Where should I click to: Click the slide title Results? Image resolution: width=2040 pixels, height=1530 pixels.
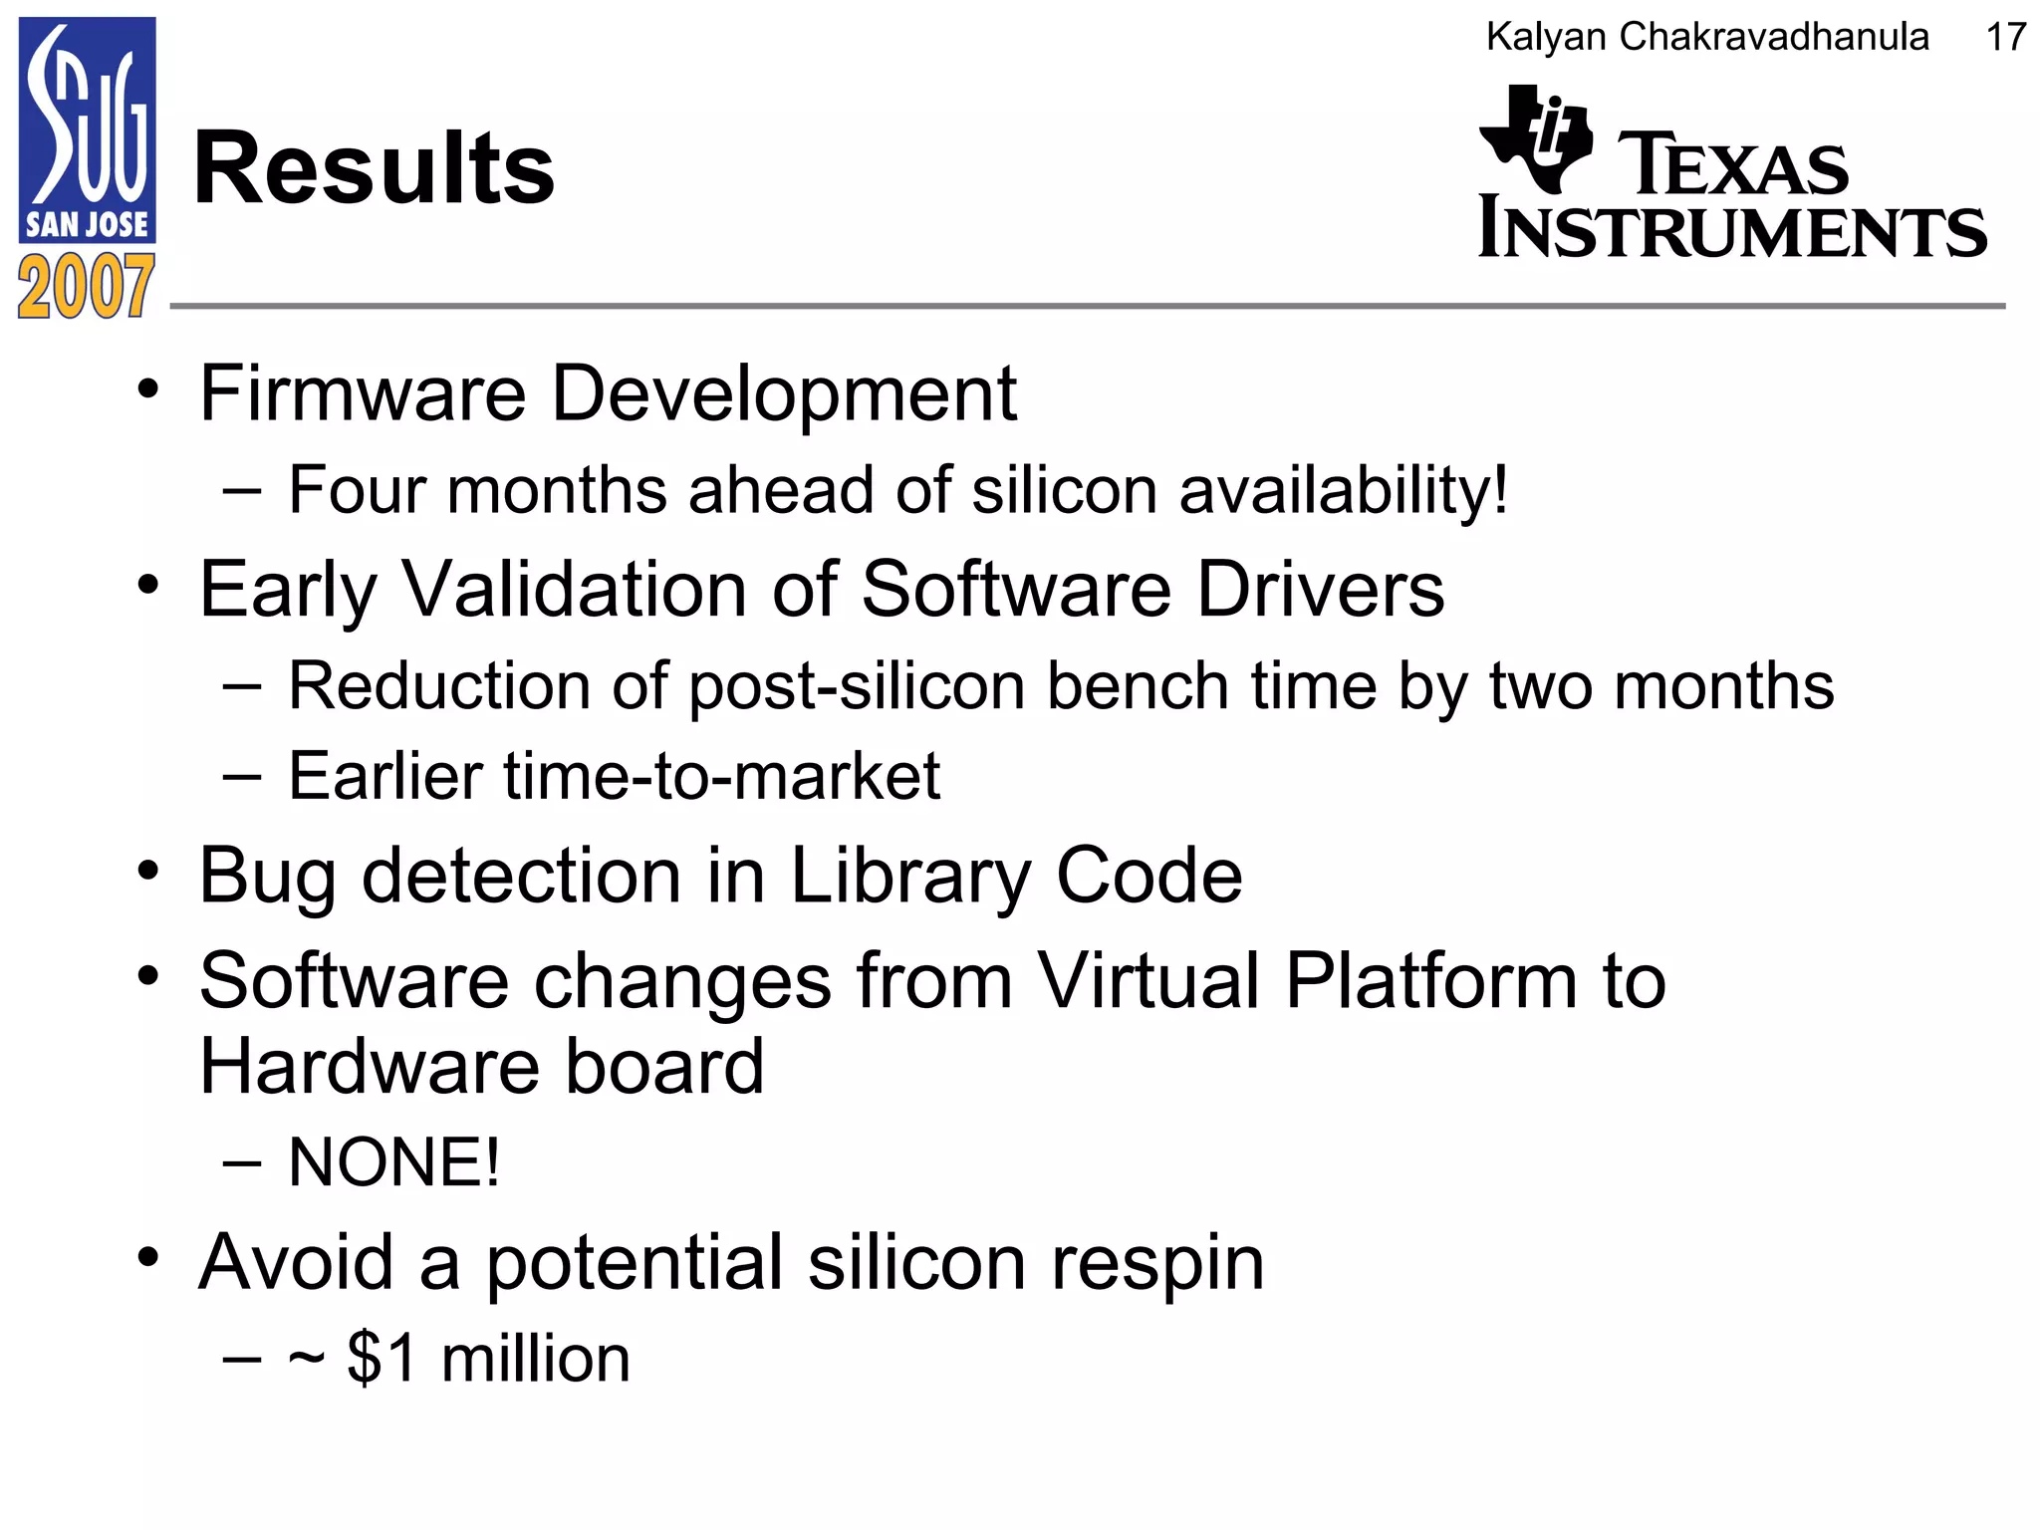[374, 169]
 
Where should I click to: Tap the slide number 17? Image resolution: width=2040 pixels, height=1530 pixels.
[2004, 38]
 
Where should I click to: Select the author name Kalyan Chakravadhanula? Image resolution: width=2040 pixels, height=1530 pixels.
[1706, 38]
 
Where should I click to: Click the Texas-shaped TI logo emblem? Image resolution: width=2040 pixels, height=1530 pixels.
[1534, 139]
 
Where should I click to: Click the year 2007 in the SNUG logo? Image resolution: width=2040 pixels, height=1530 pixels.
[86, 287]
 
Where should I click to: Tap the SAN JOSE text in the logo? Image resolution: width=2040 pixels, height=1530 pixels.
[87, 224]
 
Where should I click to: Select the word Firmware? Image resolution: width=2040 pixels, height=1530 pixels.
[363, 393]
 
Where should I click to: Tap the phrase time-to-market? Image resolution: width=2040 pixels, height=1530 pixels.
[721, 777]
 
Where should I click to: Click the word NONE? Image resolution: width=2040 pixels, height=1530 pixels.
[393, 1162]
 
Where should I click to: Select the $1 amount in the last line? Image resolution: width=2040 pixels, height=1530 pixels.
[382, 1359]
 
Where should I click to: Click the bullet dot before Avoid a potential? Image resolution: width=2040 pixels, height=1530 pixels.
[148, 1257]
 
